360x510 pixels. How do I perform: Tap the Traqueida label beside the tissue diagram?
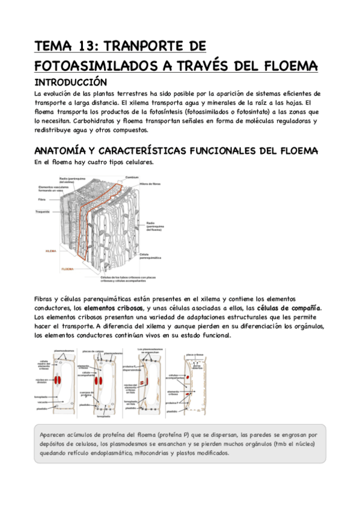click(42, 212)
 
